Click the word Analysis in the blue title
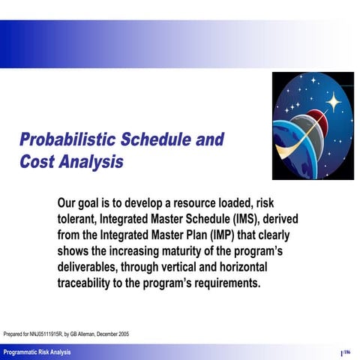click(x=92, y=163)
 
